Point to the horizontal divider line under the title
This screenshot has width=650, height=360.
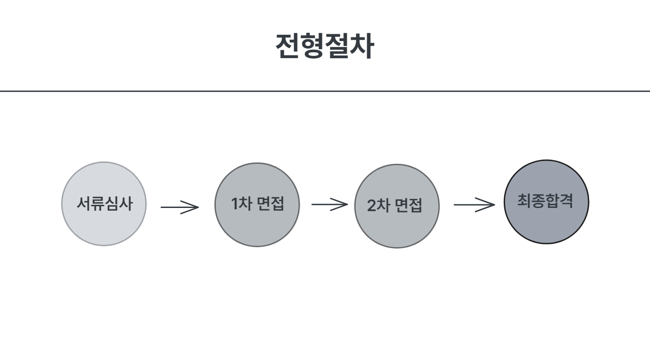[x=325, y=91]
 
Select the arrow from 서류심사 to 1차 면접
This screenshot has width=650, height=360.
[x=179, y=207]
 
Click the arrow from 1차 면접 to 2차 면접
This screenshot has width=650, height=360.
[x=329, y=204]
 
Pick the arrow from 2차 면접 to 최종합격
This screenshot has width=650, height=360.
[x=474, y=205]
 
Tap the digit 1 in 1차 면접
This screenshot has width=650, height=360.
[x=235, y=204]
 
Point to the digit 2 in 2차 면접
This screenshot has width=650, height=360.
[x=371, y=206]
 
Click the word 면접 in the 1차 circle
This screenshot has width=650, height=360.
[x=270, y=204]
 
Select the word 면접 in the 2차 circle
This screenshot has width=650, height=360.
[x=409, y=206]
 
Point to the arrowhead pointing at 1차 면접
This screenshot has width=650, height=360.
[x=193, y=207]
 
